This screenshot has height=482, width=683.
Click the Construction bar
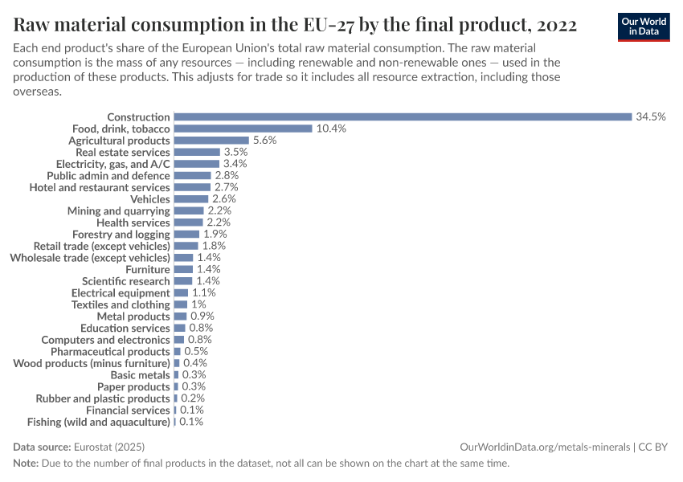click(x=403, y=116)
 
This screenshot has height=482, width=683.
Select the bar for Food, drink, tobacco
click(x=243, y=129)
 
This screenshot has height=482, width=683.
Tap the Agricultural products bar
click(x=211, y=140)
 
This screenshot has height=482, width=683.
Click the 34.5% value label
click(x=651, y=116)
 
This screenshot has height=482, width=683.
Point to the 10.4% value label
click(x=330, y=129)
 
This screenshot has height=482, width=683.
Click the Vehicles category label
click(x=150, y=198)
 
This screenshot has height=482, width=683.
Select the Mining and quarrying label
click(x=118, y=210)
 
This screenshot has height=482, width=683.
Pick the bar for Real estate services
click(x=197, y=152)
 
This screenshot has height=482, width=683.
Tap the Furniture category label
click(x=148, y=269)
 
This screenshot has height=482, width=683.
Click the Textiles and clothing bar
click(x=181, y=304)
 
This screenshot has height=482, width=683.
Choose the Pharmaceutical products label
click(x=110, y=351)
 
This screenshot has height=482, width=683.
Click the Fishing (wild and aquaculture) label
click(x=99, y=422)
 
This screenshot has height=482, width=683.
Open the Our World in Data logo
click(x=644, y=26)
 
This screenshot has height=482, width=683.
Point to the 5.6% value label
click(x=264, y=140)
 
